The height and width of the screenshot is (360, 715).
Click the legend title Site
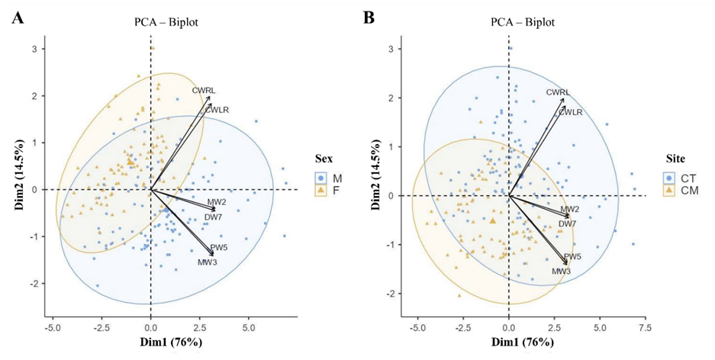click(x=675, y=159)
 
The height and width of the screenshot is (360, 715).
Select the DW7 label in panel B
click(x=567, y=223)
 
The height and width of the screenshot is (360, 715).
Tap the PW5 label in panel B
click(x=572, y=257)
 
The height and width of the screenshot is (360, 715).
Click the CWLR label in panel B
click(x=571, y=112)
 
